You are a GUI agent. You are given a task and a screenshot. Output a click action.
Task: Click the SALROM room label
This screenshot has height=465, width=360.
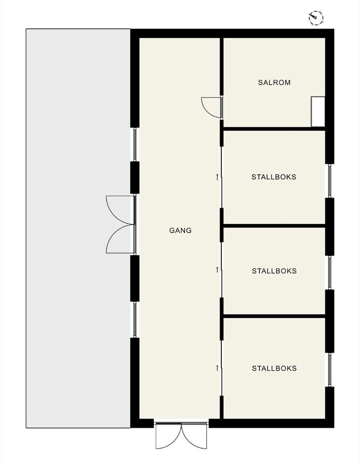click(274, 82)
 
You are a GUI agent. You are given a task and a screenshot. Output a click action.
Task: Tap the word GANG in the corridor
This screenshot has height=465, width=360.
click(180, 230)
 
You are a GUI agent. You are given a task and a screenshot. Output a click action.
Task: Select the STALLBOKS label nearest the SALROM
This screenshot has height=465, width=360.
click(274, 177)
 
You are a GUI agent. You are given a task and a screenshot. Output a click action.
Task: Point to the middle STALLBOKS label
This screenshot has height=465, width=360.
click(274, 271)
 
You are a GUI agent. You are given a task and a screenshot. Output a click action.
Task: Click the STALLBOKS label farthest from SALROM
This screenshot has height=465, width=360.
click(274, 368)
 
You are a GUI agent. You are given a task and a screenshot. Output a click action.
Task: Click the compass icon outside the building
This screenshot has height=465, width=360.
click(316, 17)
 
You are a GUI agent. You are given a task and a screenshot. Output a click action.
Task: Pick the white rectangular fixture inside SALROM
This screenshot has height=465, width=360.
click(318, 112)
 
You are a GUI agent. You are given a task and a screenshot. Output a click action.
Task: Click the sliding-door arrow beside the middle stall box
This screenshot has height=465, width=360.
click(217, 269)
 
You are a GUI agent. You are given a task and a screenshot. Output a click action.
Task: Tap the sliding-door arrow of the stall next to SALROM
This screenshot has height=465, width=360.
click(217, 177)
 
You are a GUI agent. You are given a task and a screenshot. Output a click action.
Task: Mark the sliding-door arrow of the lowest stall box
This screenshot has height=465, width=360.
click(217, 368)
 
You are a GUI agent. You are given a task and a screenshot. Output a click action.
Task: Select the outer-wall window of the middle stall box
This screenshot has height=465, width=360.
click(330, 272)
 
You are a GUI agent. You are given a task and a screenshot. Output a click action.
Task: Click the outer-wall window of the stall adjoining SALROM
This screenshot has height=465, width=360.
click(330, 181)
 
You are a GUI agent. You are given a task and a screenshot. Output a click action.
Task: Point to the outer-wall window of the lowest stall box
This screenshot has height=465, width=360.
click(330, 370)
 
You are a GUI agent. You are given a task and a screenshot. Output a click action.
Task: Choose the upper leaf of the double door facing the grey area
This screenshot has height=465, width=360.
click(119, 210)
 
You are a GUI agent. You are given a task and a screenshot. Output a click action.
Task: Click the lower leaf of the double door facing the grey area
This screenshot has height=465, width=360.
click(119, 240)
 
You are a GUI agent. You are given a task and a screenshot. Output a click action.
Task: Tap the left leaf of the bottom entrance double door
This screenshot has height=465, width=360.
click(168, 437)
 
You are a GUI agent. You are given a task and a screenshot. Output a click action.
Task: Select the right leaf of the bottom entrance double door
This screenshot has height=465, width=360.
click(195, 437)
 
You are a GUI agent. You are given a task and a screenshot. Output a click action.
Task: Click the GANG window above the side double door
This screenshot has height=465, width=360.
click(135, 145)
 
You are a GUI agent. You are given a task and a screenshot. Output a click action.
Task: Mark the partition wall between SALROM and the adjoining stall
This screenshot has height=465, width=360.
click(274, 129)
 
